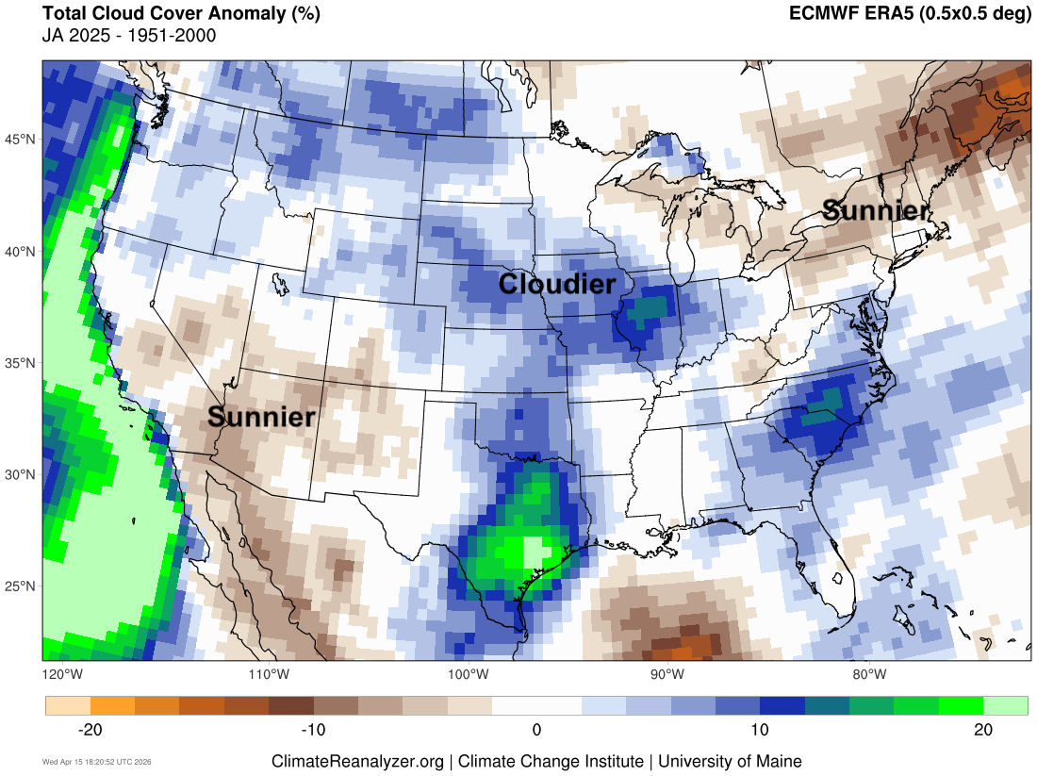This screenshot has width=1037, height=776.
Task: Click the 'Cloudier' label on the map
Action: point(557,284)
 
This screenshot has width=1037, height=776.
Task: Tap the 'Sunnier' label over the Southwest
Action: point(261,417)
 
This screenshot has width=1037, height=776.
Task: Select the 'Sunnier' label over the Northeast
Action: point(876,210)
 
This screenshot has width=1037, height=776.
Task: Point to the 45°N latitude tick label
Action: point(22,140)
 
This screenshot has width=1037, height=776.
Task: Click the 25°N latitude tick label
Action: point(22,586)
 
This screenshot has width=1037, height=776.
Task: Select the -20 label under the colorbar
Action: point(90,730)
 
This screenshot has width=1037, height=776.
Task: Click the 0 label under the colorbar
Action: point(536,730)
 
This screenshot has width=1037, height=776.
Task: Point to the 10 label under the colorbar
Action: point(760,730)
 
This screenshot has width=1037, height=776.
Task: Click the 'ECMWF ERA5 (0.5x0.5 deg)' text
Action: point(910,14)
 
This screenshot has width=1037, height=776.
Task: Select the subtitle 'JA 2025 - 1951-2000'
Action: point(129,36)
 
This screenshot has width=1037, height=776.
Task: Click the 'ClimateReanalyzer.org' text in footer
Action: point(357,761)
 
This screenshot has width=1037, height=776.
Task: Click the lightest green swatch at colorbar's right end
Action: point(1005,706)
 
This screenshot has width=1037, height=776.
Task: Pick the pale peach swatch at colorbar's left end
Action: point(68,706)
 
